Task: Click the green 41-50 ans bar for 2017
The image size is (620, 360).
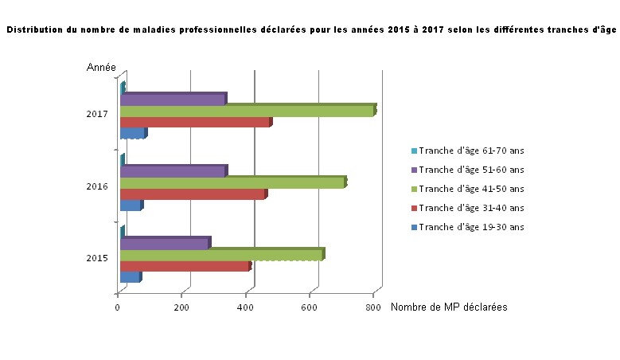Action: click(x=247, y=111)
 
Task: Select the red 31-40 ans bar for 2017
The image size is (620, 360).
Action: click(x=195, y=123)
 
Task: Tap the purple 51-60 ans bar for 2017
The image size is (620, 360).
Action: click(x=173, y=100)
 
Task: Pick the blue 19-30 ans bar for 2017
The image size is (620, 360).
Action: click(x=132, y=134)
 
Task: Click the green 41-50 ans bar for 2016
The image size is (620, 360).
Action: click(x=232, y=183)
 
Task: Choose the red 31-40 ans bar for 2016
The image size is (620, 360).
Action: click(x=192, y=194)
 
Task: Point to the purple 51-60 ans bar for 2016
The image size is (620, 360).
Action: click(x=173, y=171)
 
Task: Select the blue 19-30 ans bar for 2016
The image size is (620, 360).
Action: click(x=130, y=205)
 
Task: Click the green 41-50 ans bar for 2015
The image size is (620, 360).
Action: click(x=220, y=255)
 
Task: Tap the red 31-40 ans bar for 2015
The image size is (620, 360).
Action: click(x=184, y=266)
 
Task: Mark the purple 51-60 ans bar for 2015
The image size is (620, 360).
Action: click(x=164, y=243)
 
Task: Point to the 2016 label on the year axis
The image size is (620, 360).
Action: click(x=97, y=187)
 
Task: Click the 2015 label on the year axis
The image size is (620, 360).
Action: click(x=97, y=259)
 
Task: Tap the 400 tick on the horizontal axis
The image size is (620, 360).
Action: click(x=246, y=307)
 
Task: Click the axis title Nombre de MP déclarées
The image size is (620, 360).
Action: click(x=449, y=307)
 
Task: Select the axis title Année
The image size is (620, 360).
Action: click(x=102, y=68)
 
